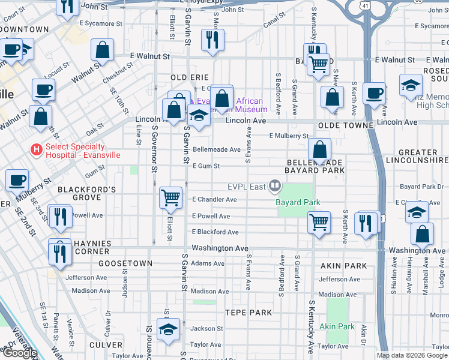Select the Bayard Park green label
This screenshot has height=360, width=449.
(298, 202)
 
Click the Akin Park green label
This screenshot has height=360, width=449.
(337, 326)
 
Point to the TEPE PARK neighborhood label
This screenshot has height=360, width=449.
(249, 313)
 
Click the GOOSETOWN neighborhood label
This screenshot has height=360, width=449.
(123, 263)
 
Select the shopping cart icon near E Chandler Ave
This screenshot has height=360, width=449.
(171, 197)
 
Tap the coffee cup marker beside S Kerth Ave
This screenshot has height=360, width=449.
(374, 94)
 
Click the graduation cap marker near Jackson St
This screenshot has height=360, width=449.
(168, 329)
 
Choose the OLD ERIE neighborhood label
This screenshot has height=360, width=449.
(190, 77)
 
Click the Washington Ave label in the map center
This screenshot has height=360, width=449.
(220, 248)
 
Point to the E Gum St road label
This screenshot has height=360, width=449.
(206, 166)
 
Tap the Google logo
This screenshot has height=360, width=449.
(19, 353)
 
